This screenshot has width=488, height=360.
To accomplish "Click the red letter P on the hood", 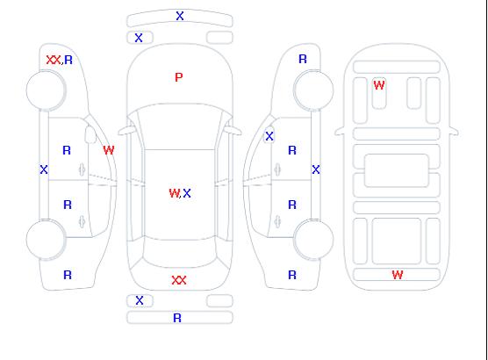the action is pos(179,77).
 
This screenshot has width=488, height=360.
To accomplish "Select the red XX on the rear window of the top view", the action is pos(179,280).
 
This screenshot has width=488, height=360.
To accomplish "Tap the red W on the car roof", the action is pos(174,193).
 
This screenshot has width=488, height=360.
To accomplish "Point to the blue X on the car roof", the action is pos(187,193).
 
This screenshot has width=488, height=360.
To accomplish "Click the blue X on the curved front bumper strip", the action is pos(180,16).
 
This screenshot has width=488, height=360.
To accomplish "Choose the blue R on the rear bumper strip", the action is pos(177,318).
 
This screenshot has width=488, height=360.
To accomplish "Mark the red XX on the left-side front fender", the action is pos(54,60).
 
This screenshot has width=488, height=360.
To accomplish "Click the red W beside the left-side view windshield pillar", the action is pos(109,150).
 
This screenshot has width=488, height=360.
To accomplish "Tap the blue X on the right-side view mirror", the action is pos(269,136).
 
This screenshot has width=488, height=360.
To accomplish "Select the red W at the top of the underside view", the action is pos(379,85).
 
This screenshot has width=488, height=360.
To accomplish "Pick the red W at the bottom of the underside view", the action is pos(398,275).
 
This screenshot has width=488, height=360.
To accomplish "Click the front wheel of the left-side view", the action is pos(46,90).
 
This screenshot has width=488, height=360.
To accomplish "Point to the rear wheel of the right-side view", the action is pos(313,239).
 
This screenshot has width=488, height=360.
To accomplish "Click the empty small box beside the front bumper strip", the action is pos(219,38).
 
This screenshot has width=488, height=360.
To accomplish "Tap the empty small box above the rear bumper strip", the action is pos(219,301).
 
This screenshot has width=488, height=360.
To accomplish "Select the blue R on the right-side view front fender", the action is pos(303,59).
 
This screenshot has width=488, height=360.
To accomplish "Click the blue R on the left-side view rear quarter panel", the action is pos(68,275).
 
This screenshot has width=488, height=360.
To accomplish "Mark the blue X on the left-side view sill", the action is pos(44,169).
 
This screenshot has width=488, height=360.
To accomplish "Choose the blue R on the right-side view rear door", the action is pos(292,205).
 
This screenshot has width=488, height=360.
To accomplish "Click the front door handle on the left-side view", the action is pos(83,169).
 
